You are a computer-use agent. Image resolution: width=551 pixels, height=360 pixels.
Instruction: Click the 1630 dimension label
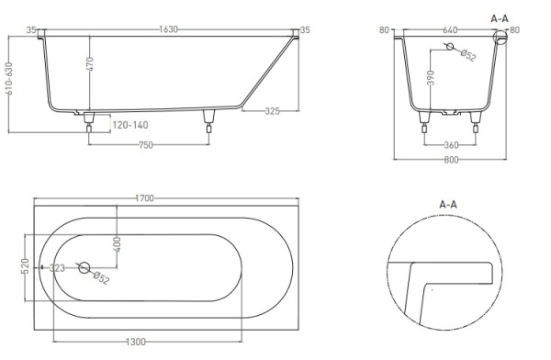coord(168,29)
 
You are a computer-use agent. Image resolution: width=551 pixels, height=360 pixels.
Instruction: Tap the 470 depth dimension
coord(90,63)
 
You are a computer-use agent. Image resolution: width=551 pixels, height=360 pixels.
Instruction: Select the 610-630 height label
coord(9,78)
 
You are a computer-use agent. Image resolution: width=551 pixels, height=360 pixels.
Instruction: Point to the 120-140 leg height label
coord(130,125)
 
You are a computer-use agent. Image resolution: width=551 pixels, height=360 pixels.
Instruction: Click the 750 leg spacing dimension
coord(146,145)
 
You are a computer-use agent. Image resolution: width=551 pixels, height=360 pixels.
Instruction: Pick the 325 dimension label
coord(273,111)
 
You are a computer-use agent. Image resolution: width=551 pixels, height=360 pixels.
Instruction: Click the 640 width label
coord(450,30)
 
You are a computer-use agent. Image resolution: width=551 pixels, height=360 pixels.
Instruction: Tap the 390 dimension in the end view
coord(432,78)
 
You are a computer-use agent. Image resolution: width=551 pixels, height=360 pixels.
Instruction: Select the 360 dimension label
coord(451,145)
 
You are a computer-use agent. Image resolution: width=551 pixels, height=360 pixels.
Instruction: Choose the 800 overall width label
coord(451,160)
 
